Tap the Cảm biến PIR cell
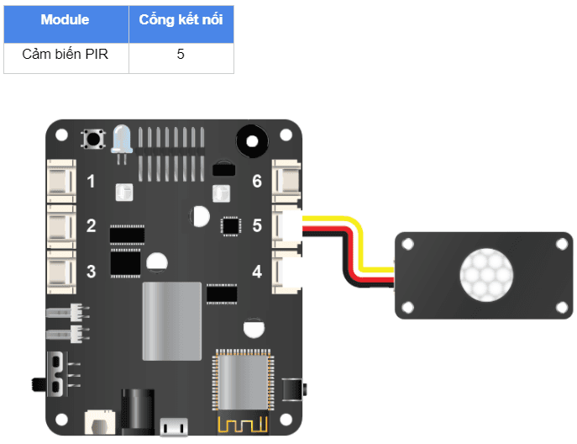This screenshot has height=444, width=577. coord(66,55)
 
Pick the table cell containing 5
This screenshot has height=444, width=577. coord(181,55)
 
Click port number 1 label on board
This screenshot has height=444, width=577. coord(92,182)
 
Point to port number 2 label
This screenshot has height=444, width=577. coord(92,226)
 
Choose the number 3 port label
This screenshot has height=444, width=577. coord(92,271)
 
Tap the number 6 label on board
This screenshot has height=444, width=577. coord(257,182)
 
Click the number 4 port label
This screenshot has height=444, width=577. coord(257,271)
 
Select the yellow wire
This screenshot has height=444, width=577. coord(361,244)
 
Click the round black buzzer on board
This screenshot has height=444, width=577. coord(250,139)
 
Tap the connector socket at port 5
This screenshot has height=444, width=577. coord(288,226)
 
